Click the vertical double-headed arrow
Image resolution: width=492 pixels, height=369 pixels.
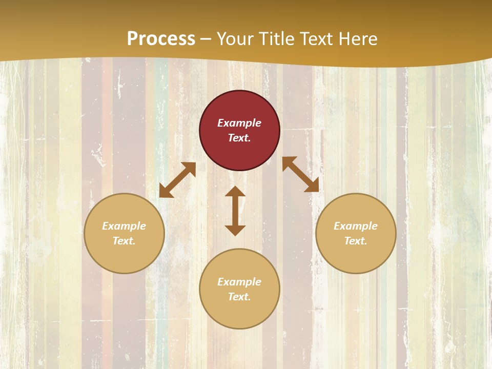point(235,211)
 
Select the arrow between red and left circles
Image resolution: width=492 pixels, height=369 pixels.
point(177,180)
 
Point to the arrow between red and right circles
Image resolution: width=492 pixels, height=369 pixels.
point(300,174)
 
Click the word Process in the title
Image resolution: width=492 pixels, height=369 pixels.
point(161,38)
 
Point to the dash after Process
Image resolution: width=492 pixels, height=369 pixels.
point(206,39)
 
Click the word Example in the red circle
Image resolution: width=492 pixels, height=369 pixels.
point(239,123)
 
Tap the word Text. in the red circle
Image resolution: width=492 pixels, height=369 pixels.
point(239,138)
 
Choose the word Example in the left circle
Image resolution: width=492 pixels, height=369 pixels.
point(124,226)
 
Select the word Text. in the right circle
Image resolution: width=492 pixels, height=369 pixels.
point(356,241)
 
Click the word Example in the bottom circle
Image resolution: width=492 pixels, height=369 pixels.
point(239,282)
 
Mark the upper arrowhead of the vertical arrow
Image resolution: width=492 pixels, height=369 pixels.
point(235,191)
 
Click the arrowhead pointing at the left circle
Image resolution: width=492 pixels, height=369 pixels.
point(165,192)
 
